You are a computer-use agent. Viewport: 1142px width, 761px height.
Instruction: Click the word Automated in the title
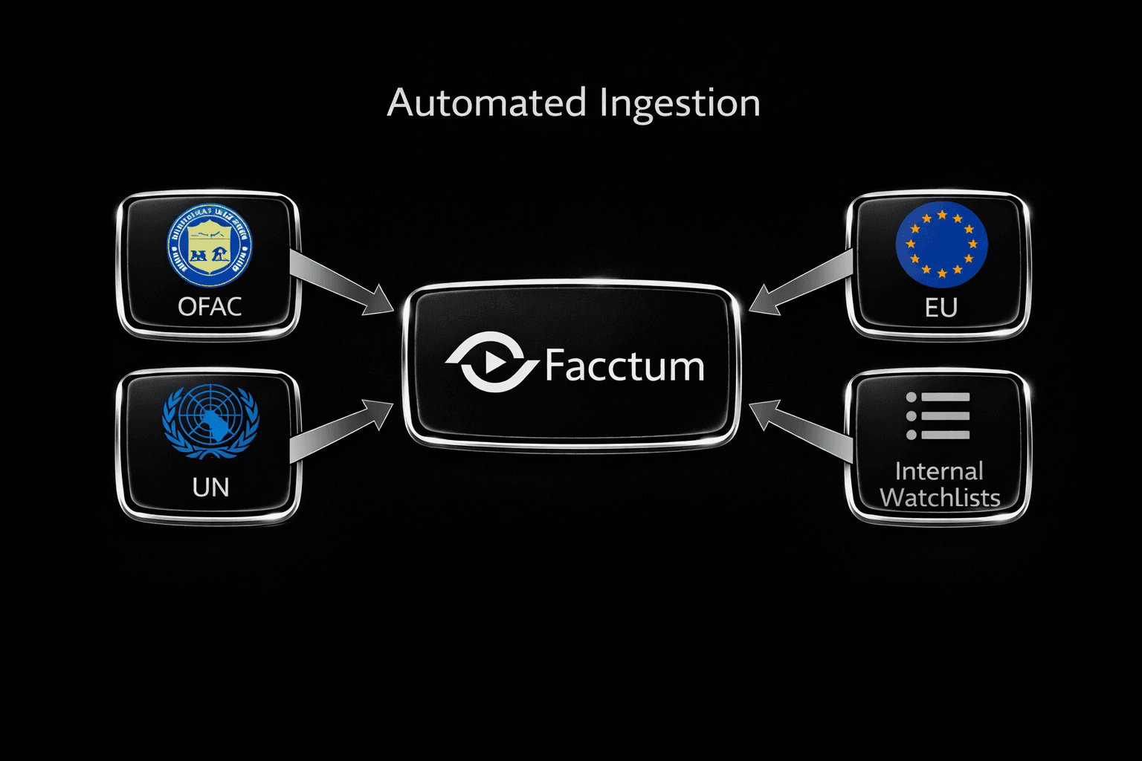point(487,103)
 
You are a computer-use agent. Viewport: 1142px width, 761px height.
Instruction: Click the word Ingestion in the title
point(680,104)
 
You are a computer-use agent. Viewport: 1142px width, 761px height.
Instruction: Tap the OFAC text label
point(210,306)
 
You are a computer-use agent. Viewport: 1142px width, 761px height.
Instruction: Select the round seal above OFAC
point(210,246)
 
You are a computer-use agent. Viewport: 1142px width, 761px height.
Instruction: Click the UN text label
point(210,488)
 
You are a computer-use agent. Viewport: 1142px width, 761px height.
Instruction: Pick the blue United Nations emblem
point(210,421)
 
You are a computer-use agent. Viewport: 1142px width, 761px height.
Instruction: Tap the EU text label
point(941,308)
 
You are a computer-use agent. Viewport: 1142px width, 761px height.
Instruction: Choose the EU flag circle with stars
point(941,245)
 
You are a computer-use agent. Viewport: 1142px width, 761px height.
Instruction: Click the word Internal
point(939,471)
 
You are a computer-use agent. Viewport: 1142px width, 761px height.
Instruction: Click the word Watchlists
point(940,497)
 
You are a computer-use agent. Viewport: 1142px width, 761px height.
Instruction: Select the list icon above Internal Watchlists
point(938,416)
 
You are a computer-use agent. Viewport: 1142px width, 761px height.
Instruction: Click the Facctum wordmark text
point(625,366)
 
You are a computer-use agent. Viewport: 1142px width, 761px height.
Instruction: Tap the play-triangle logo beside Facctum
point(491,363)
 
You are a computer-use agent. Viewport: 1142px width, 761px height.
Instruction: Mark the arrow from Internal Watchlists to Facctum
point(801,430)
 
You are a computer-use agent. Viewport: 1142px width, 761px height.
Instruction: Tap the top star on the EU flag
point(942,215)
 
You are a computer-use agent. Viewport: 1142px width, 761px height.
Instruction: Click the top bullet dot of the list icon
point(912,398)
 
